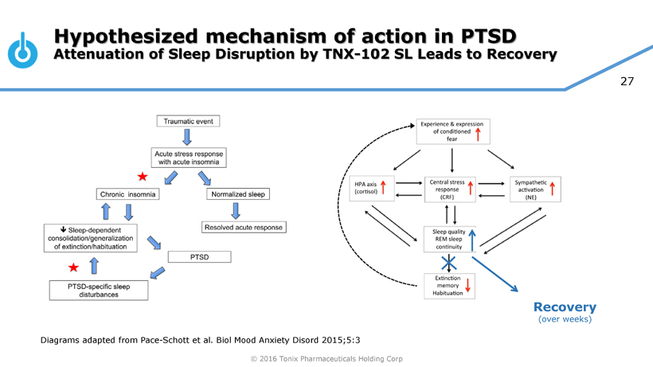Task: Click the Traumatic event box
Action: click(187, 121)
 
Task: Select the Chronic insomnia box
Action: click(128, 194)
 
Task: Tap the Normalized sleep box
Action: click(238, 194)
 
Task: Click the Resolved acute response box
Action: click(243, 228)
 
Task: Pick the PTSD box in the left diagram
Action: click(200, 257)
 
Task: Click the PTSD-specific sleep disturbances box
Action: click(99, 290)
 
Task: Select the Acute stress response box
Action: click(190, 157)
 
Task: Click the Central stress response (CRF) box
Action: click(452, 189)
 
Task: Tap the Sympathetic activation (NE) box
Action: click(535, 189)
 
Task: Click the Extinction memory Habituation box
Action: click(448, 285)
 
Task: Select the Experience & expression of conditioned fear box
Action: click(452, 131)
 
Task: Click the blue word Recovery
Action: click(565, 307)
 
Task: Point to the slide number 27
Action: click(627, 80)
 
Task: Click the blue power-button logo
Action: click(22, 50)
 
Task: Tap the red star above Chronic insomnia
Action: click(143, 176)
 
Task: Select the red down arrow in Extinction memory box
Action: click(467, 284)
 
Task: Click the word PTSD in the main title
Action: click(487, 37)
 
